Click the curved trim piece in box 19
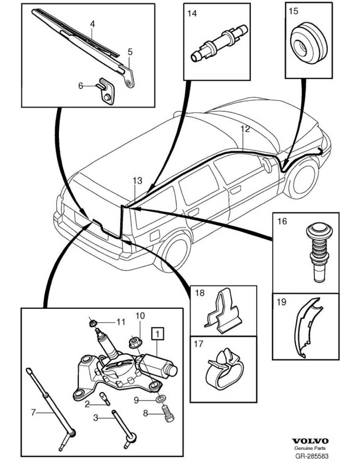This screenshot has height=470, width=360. point(306,327)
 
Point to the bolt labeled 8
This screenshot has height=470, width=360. point(168,414)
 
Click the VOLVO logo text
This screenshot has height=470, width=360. point(310,441)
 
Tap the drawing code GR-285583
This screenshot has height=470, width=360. point(310,456)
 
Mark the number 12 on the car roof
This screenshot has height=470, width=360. point(245,129)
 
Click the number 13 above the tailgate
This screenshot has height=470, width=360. point(137,180)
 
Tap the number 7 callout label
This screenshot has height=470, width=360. point(33,412)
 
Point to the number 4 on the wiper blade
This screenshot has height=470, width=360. point(92,24)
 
